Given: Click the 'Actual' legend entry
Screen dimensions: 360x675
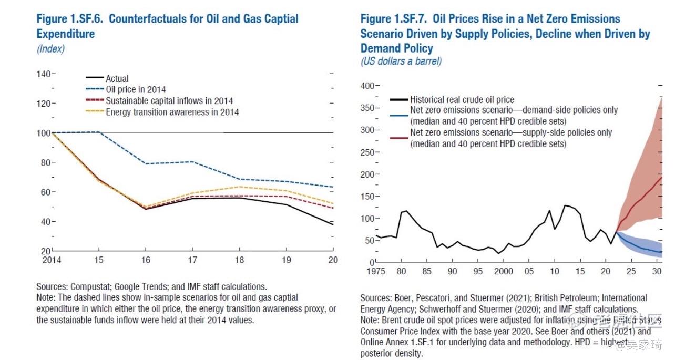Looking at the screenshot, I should pyautogui.click(x=117, y=79).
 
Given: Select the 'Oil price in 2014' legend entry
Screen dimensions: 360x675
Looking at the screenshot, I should pyautogui.click(x=136, y=90).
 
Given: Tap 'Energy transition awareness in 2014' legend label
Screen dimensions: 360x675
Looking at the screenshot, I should pyautogui.click(x=172, y=112).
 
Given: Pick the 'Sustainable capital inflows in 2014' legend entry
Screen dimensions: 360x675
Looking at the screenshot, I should pyautogui.click(x=169, y=101).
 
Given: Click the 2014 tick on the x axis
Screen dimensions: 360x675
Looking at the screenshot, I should pyautogui.click(x=52, y=260).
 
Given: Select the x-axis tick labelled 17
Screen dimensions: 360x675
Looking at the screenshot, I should pyautogui.click(x=193, y=260).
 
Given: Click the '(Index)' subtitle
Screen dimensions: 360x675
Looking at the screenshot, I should pyautogui.click(x=50, y=49).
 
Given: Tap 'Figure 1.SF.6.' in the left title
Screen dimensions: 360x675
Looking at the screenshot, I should pyautogui.click(x=70, y=19).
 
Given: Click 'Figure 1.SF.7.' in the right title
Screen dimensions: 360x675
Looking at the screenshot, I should pyautogui.click(x=394, y=19).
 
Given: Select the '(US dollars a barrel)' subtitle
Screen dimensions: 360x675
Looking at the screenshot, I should pyautogui.click(x=401, y=61).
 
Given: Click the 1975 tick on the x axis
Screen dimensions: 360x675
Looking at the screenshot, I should pyautogui.click(x=376, y=271).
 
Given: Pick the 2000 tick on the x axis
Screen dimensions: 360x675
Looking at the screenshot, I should pyautogui.click(x=504, y=271).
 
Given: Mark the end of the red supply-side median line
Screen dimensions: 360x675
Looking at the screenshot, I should pyautogui.click(x=662, y=177).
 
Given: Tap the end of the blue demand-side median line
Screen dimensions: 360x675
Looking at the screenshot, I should pyautogui.click(x=662, y=253).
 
